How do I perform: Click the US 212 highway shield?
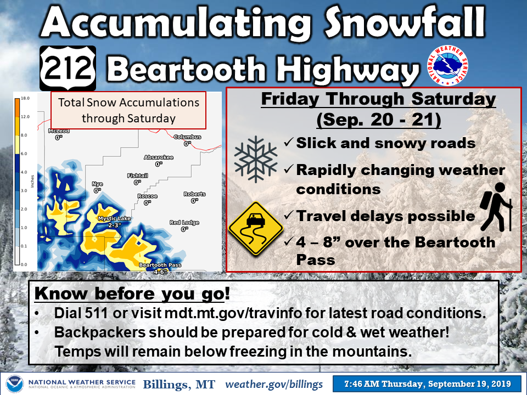pyautogui.click(x=68, y=68)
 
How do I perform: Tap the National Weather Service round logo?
pyautogui.click(x=447, y=65)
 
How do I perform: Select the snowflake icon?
pyautogui.click(x=256, y=159)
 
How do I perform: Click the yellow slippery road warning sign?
pyautogui.click(x=256, y=228)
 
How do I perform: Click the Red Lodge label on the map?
pyautogui.click(x=184, y=222)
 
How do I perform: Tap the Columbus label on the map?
pyautogui.click(x=187, y=137)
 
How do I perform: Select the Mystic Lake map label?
pyautogui.click(x=114, y=218)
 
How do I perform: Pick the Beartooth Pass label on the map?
pyautogui.click(x=160, y=265)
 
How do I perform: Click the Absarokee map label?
pyautogui.click(x=158, y=157)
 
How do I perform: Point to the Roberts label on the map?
pyautogui.click(x=194, y=194)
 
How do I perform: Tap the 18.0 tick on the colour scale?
pyautogui.click(x=25, y=98)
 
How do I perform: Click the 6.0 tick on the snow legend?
pyautogui.click(x=24, y=154)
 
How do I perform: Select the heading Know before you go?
pyautogui.click(x=132, y=293)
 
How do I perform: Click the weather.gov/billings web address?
pyautogui.click(x=274, y=384)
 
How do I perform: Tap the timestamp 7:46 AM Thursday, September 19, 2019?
pyautogui.click(x=428, y=383)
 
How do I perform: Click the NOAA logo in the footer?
pyautogui.click(x=14, y=384)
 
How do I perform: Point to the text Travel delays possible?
pyautogui.click(x=385, y=216)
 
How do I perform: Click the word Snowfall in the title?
pyautogui.click(x=405, y=22)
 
